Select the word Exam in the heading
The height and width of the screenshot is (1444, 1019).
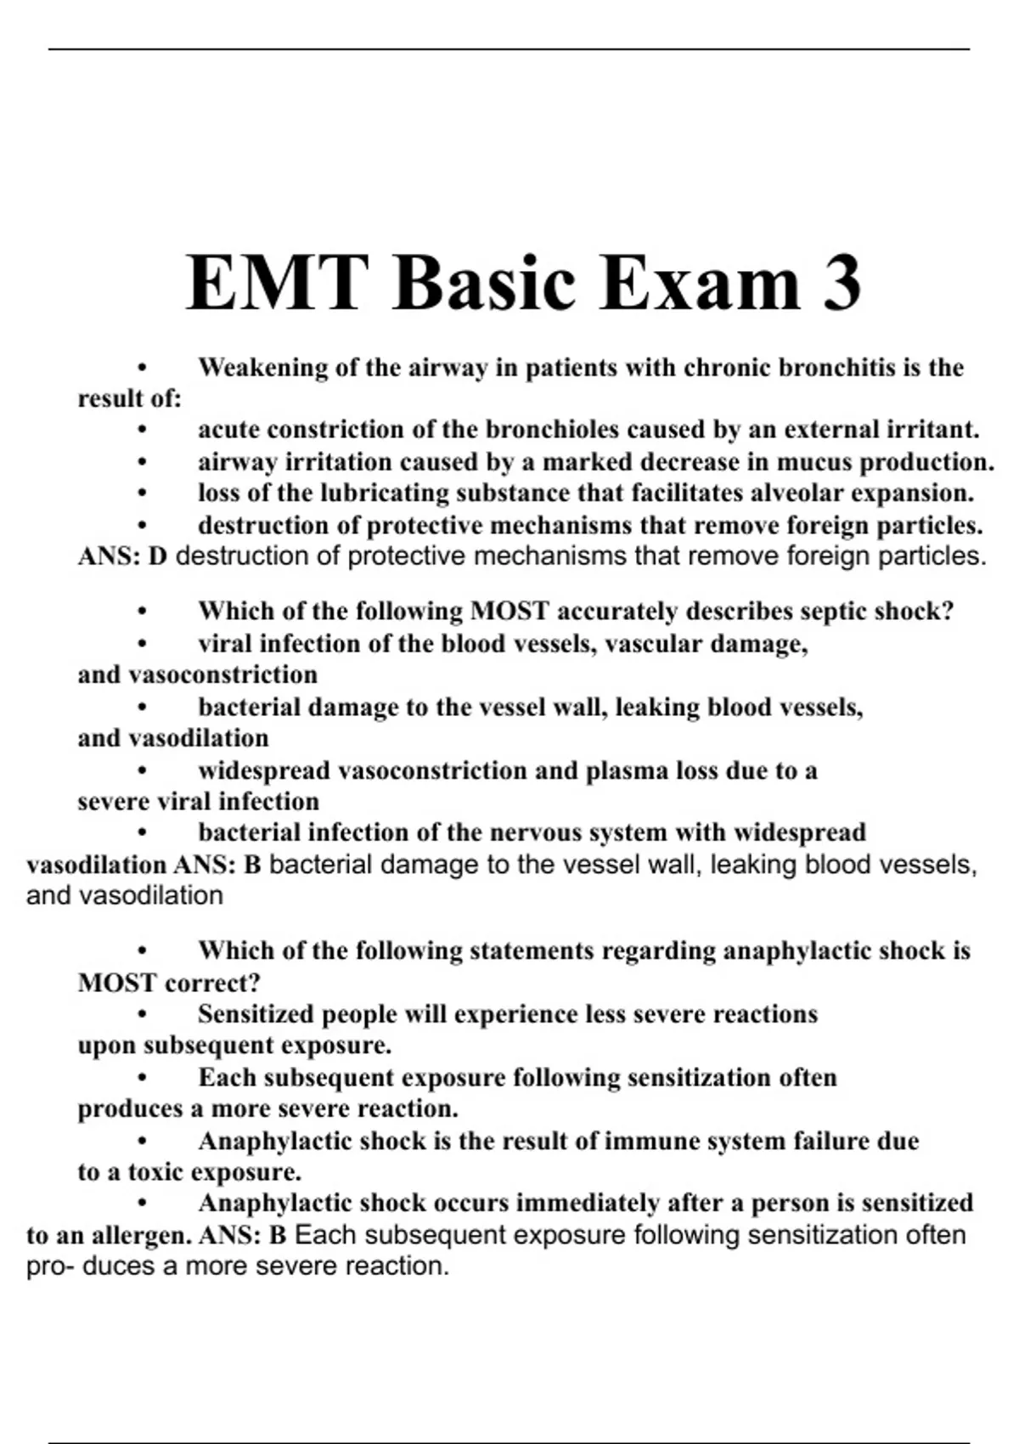[x=689, y=283]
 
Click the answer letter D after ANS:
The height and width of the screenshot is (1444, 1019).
[x=157, y=557]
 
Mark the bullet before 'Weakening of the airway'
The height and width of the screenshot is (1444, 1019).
[x=142, y=369]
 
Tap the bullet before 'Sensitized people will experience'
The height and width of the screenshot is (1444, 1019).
[x=142, y=1015]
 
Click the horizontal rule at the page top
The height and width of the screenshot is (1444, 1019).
[x=509, y=49]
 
